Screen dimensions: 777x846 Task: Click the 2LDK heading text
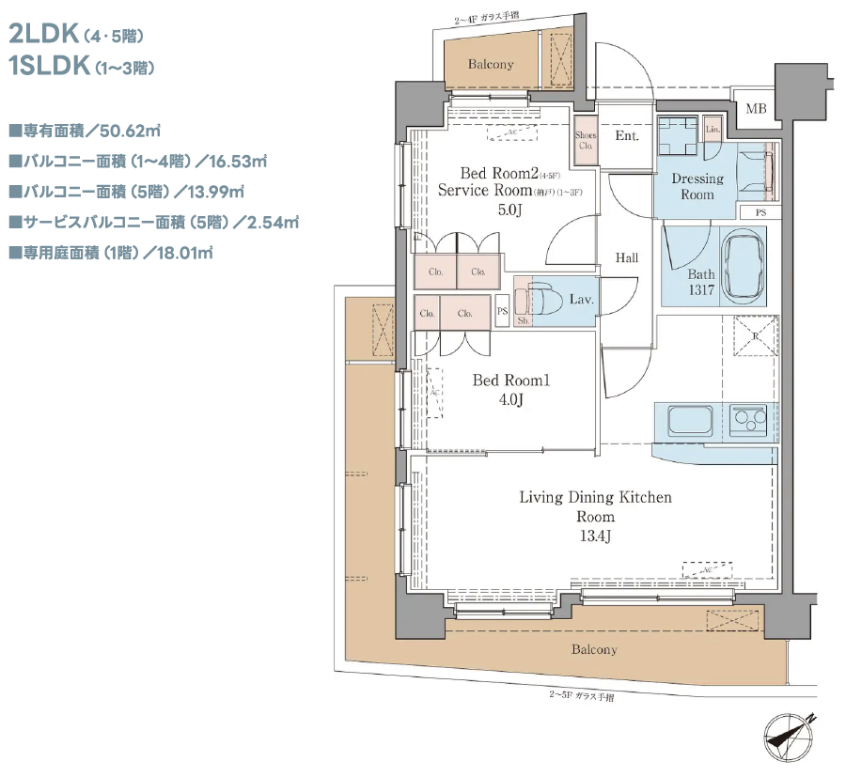click(42, 36)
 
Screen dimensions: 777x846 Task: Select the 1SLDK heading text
click(48, 67)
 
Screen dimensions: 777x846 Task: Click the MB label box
click(756, 109)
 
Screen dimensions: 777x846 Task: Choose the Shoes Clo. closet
click(586, 142)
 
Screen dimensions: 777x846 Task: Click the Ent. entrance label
click(627, 136)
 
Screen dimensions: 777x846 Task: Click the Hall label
click(627, 257)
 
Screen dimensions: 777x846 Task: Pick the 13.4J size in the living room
click(595, 536)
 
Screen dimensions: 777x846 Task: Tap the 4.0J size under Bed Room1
click(509, 400)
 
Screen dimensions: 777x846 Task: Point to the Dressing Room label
click(697, 186)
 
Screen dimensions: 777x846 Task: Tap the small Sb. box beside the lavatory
click(523, 320)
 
